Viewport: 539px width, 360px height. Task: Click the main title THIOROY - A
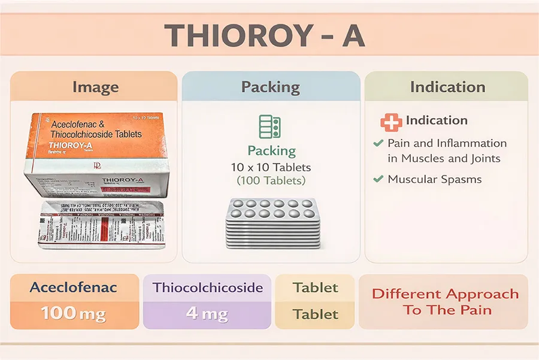tap(264, 35)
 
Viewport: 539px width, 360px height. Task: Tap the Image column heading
tap(95, 87)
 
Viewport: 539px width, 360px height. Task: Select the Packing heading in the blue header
tap(270, 87)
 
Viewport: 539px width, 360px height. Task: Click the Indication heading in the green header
tap(447, 87)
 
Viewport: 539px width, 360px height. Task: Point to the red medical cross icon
tap(391, 122)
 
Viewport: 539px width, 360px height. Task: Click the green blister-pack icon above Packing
tap(270, 126)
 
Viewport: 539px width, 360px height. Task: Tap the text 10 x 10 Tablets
tap(271, 167)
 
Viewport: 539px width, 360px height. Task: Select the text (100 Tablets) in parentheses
tap(271, 180)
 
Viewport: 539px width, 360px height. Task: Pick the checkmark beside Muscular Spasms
tap(378, 179)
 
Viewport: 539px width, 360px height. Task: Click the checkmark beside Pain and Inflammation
tap(378, 144)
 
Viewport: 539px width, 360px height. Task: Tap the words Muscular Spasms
tap(434, 179)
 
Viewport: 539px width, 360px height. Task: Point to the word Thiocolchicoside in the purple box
tap(208, 288)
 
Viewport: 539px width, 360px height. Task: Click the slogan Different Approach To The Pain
tap(445, 302)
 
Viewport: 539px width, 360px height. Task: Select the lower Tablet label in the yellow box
tap(316, 314)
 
